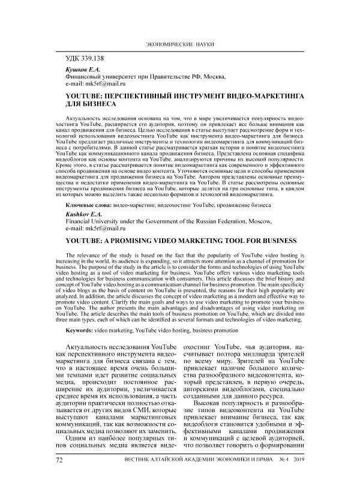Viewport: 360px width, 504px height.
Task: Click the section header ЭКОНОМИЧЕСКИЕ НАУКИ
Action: coord(180,45)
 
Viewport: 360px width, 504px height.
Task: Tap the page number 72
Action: coord(59,493)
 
